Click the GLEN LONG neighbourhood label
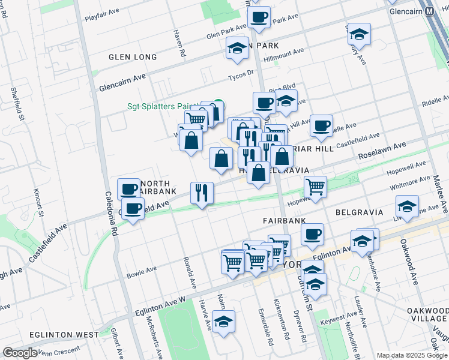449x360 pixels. point(133,57)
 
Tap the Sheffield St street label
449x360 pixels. point(17,104)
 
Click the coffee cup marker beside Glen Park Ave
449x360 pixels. point(259,17)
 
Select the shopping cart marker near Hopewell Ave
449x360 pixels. point(315,186)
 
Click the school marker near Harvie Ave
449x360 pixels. point(223,322)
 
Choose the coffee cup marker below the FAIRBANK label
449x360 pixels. point(312,235)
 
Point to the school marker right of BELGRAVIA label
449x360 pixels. point(408,207)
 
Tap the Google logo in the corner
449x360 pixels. point(20,353)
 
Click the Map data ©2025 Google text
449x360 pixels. point(412,355)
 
